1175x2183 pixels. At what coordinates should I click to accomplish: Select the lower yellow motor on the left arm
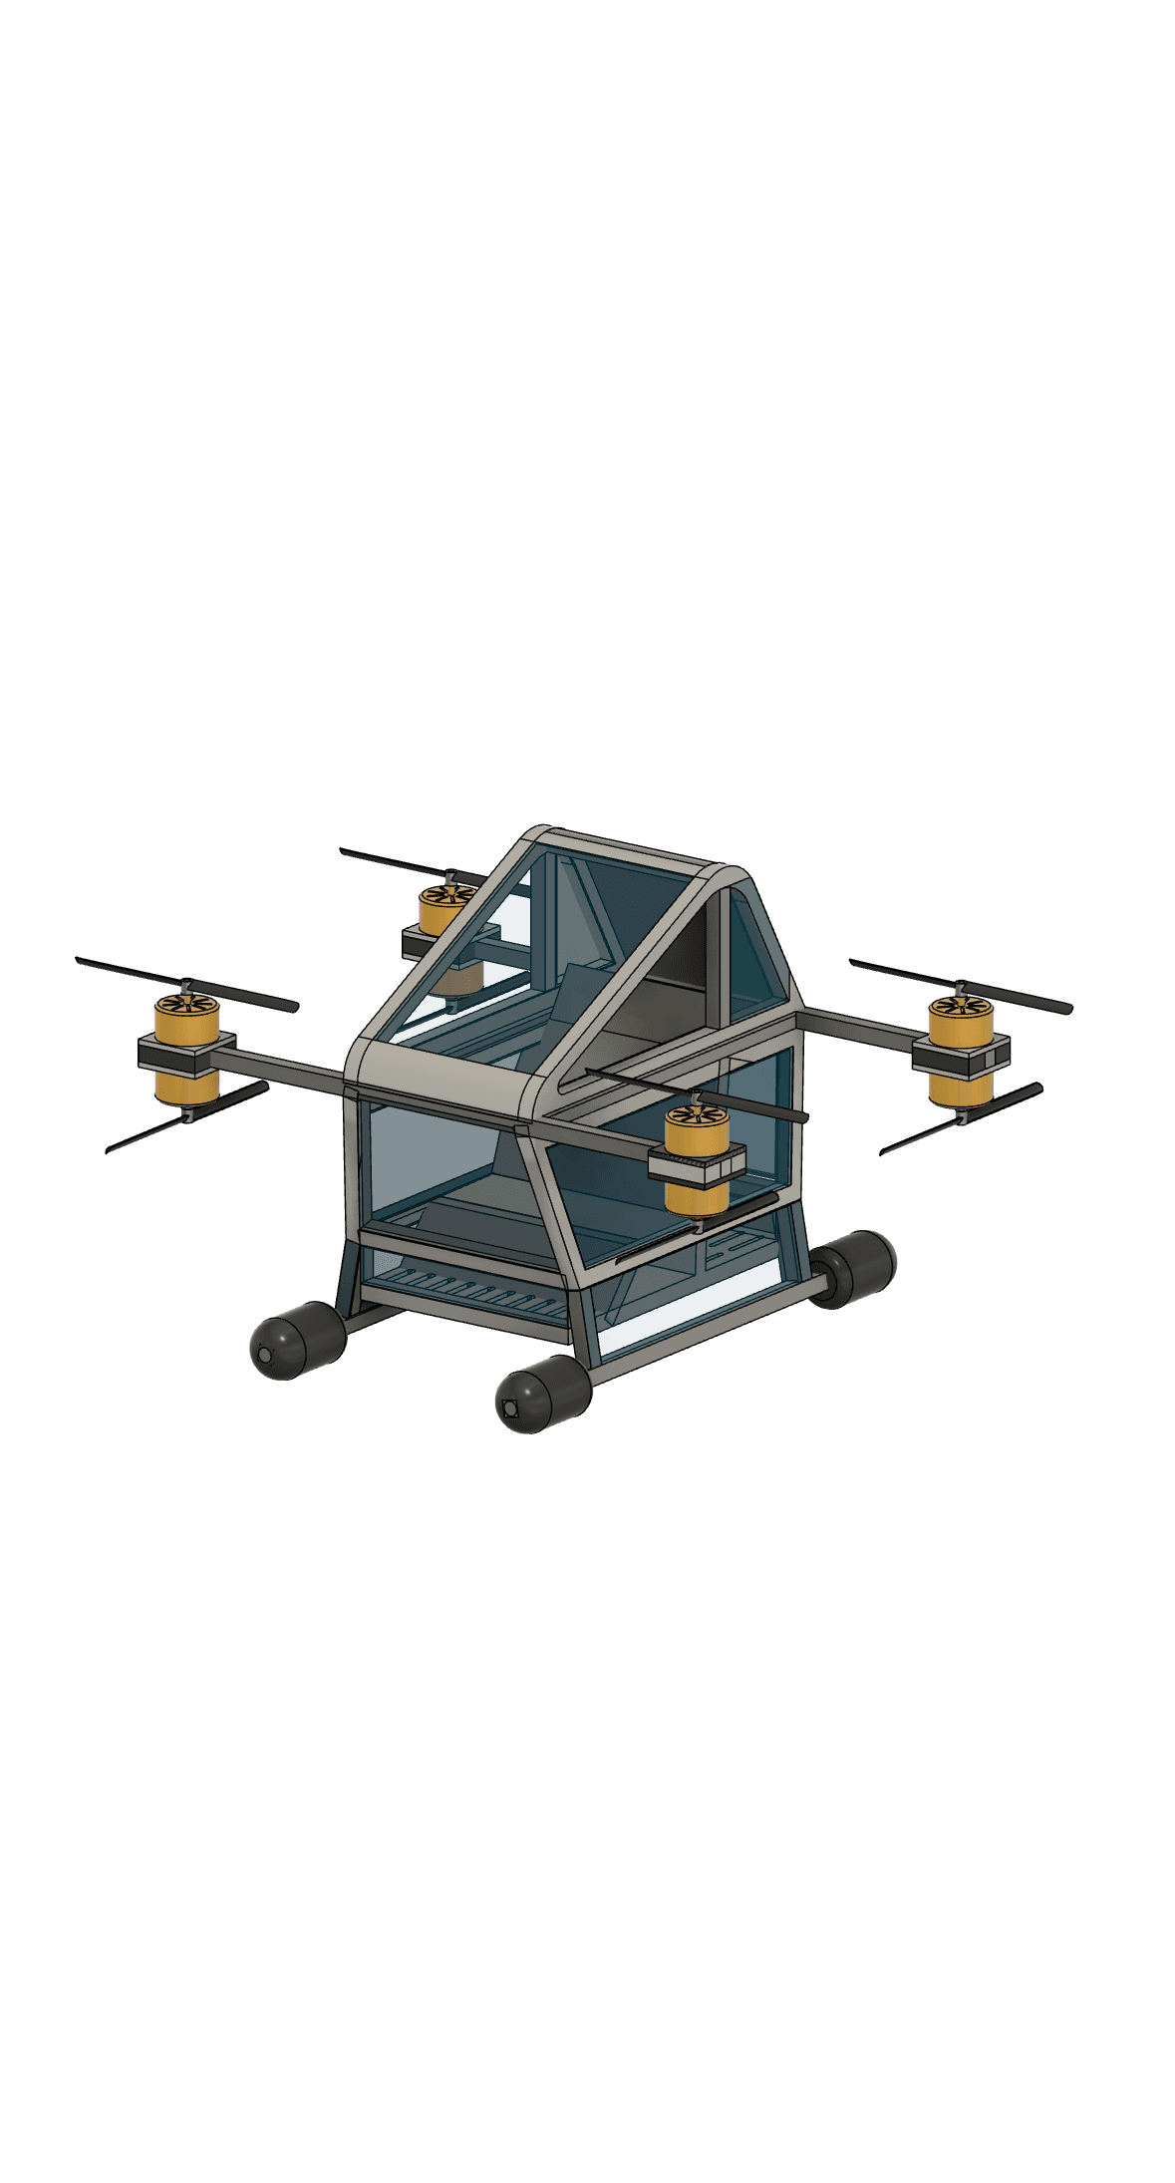(186, 1088)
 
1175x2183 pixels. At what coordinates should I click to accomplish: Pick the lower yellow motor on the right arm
(958, 1090)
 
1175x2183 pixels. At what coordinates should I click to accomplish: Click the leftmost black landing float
(296, 1340)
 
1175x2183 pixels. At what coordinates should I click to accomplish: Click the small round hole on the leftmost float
(264, 1356)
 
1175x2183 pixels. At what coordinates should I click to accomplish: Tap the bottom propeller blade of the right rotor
(962, 1118)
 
